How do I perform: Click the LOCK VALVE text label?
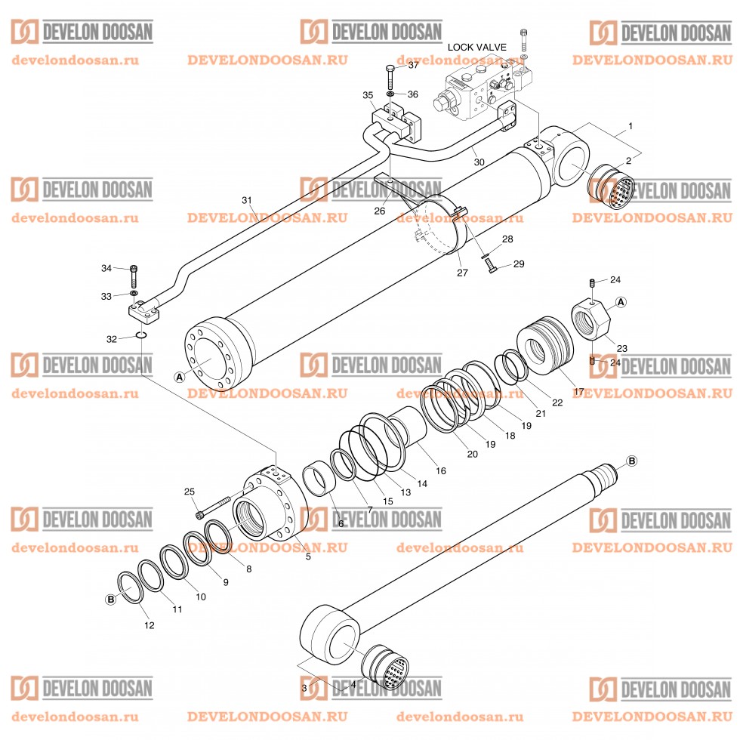point(476,47)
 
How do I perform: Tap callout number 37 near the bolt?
point(413,66)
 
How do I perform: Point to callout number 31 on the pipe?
point(246,201)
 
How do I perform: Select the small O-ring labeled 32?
point(141,335)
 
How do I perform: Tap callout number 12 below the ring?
point(149,624)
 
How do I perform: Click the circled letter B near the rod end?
point(632,461)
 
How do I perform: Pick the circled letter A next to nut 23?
point(621,302)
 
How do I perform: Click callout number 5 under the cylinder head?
point(307,557)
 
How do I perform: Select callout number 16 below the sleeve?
point(441,470)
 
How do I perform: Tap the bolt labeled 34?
point(134,270)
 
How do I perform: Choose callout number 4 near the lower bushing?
point(353,684)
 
